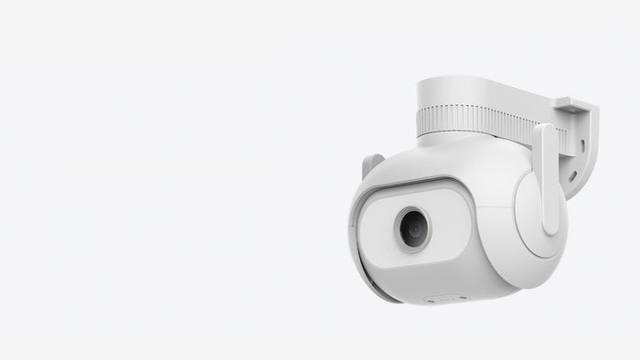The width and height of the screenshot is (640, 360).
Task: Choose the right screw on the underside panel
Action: coord(463,298)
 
